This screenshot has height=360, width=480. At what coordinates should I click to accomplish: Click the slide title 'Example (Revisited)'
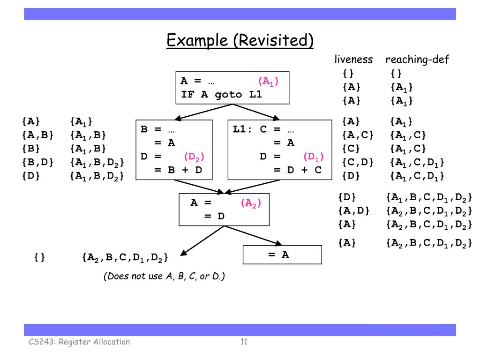point(240,40)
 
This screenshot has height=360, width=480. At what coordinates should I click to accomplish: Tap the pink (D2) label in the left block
point(194,157)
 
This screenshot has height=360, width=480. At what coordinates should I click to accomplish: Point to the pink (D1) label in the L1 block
point(314,157)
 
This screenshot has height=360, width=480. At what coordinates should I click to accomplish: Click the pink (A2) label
point(251,203)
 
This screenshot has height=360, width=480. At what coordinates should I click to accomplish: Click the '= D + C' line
point(297,170)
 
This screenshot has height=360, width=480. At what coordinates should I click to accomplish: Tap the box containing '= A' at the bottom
point(282,255)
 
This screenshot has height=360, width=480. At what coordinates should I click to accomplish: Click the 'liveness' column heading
point(353,60)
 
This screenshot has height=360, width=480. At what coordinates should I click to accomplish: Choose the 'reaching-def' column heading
point(417,60)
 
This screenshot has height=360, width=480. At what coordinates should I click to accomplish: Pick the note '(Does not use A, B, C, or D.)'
point(164,276)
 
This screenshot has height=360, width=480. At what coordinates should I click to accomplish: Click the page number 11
point(244,341)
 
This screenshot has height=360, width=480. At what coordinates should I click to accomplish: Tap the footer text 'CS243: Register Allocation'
point(78,342)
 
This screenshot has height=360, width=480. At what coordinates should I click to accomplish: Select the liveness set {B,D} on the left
point(37,163)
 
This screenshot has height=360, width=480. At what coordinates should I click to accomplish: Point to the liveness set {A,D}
point(353,210)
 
